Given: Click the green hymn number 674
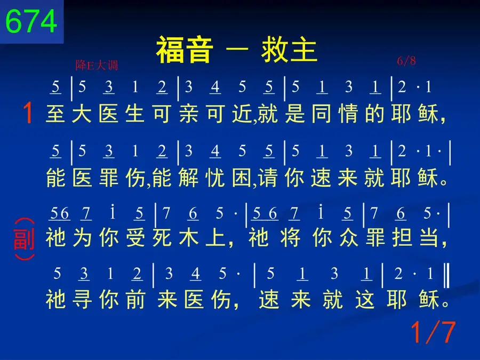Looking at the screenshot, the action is (31, 21).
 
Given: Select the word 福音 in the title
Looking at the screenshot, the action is (185, 50).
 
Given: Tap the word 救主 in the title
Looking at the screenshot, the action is (289, 50).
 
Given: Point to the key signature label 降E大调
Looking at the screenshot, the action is (97, 65).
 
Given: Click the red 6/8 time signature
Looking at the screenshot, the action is (406, 61).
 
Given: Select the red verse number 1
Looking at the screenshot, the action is (28, 113).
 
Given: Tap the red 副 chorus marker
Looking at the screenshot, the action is (24, 239).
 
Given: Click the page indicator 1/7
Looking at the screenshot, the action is (433, 332).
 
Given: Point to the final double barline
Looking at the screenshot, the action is (447, 276).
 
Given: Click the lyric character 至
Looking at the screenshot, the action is (55, 113).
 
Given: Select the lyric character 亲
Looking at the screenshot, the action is (189, 113).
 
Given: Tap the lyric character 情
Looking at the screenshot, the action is (348, 113).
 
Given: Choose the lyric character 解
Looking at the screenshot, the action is (189, 178).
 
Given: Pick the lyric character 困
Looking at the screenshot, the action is (242, 178).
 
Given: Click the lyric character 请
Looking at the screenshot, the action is (268, 178).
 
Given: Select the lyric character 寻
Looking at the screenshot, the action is (82, 299).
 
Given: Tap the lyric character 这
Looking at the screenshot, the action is (365, 299).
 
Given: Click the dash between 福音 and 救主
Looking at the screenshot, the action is (237, 50).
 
